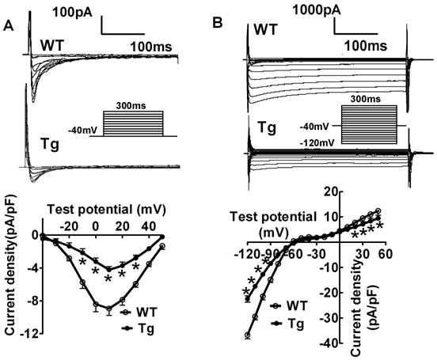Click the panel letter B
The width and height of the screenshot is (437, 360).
click(x=222, y=26)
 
